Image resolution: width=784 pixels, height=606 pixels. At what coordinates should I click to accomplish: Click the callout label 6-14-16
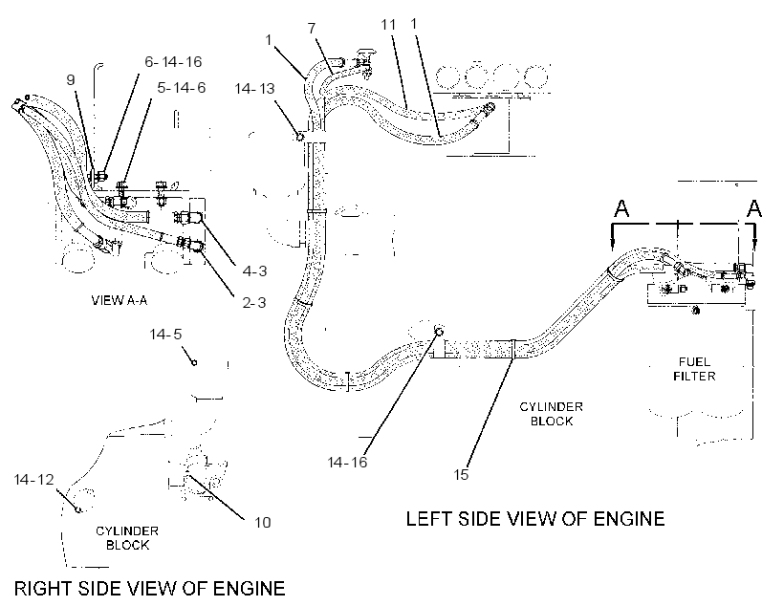(173, 61)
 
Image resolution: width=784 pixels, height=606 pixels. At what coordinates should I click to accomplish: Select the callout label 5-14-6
(182, 88)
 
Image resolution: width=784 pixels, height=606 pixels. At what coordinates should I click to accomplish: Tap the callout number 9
(71, 79)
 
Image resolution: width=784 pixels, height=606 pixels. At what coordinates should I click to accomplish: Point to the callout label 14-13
(255, 89)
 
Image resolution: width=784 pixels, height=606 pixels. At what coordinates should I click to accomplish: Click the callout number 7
(312, 28)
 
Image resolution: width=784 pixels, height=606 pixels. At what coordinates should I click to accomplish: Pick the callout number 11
(388, 25)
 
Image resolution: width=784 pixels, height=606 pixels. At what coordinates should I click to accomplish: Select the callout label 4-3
(254, 271)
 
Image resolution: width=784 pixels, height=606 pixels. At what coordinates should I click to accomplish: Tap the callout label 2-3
(254, 302)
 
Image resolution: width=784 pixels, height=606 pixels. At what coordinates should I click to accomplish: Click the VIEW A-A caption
(119, 300)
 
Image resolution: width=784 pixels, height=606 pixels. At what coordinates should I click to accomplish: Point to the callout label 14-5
(165, 334)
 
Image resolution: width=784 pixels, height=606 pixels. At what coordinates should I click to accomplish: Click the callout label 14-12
(34, 480)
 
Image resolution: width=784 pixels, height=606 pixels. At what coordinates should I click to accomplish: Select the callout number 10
(263, 523)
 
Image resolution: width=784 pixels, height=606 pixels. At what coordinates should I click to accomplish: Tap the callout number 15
(461, 474)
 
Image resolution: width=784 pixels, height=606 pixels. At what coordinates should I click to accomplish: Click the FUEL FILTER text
(694, 369)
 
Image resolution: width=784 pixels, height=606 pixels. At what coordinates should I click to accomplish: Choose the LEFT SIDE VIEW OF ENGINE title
(535, 519)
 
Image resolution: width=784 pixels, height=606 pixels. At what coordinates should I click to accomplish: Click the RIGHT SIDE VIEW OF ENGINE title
(149, 589)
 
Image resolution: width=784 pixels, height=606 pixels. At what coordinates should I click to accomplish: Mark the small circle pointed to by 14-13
(300, 136)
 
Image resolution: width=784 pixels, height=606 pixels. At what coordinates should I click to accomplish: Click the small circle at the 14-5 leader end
(194, 362)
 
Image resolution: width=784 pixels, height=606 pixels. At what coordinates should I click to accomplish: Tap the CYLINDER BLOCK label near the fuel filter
(551, 414)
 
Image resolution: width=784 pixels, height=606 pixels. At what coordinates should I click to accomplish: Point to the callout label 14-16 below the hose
(347, 462)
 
